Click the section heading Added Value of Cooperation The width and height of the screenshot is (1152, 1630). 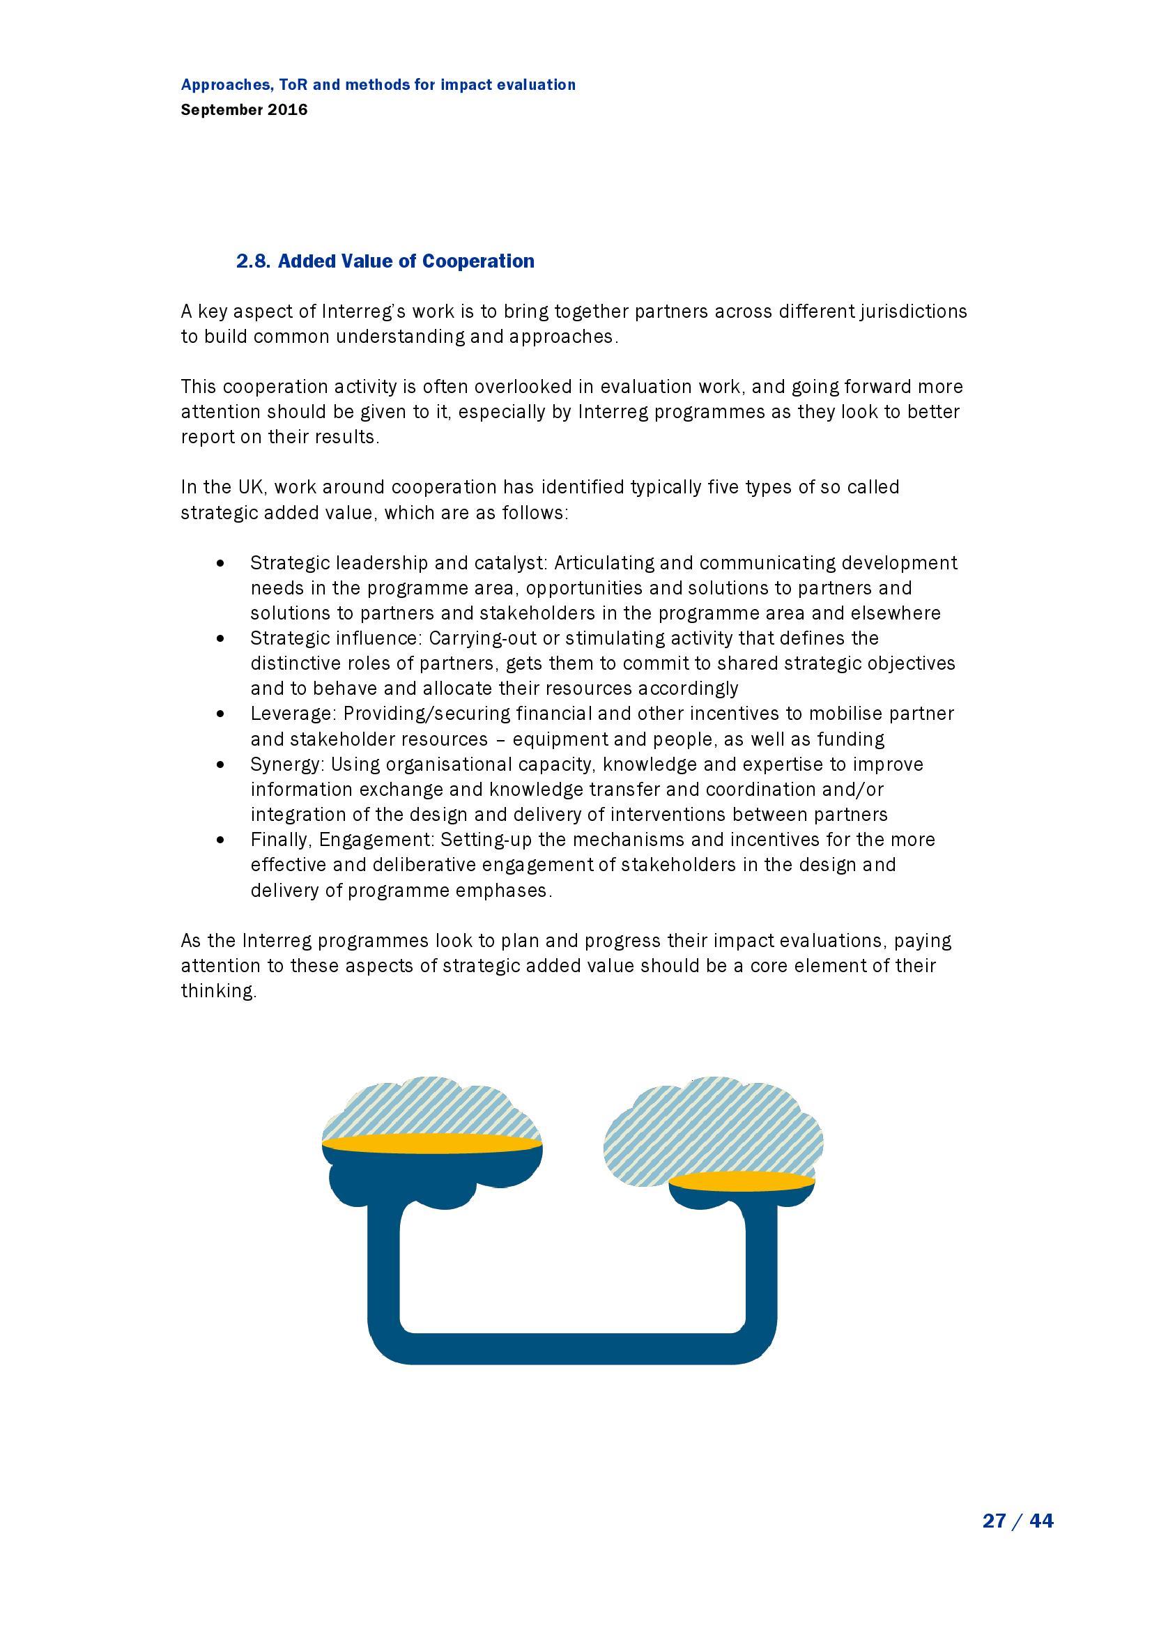(406, 261)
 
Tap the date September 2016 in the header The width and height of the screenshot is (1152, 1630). (244, 110)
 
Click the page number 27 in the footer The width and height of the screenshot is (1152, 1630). (994, 1520)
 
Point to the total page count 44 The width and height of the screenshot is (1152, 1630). (1041, 1520)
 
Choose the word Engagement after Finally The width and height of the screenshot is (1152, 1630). (376, 839)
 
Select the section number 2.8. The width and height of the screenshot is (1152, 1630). (254, 261)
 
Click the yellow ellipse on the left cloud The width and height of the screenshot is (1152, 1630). (431, 1144)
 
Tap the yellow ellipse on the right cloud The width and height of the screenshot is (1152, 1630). (741, 1181)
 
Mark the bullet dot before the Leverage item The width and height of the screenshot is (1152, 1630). (223, 714)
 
